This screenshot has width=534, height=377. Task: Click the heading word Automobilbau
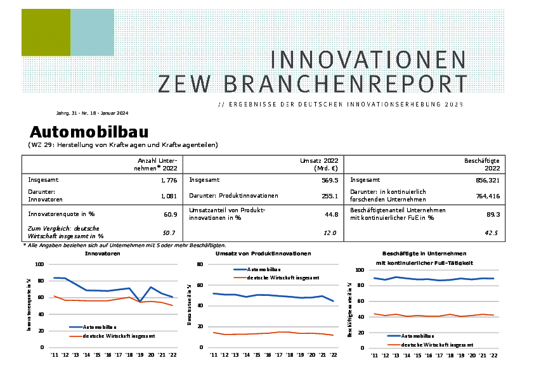click(89, 132)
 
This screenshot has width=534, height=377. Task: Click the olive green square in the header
click(46, 32)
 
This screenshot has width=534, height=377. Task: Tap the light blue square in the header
click(92, 32)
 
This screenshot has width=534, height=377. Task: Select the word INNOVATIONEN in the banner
click(368, 60)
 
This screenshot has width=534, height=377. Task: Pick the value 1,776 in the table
click(167, 180)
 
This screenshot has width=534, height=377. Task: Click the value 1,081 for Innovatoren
click(167, 196)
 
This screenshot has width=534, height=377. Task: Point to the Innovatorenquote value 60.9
click(170, 214)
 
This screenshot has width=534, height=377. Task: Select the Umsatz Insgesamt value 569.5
click(330, 180)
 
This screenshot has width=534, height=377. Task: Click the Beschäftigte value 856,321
click(486, 180)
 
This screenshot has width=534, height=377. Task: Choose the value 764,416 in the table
click(486, 196)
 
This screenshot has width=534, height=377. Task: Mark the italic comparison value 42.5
click(492, 233)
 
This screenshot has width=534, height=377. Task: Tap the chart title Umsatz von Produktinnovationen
click(263, 253)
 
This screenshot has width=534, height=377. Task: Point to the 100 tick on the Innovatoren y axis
click(39, 264)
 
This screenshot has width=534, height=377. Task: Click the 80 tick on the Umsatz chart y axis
click(199, 264)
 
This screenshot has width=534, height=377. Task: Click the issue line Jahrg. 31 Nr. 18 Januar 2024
click(92, 113)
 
